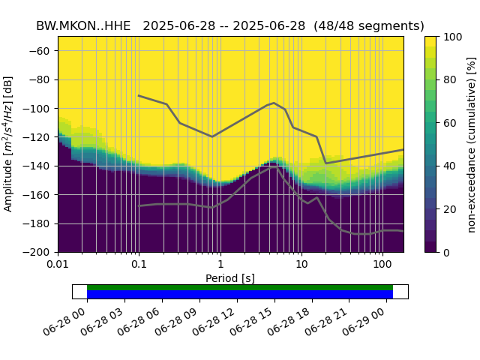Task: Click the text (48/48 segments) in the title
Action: [368, 25]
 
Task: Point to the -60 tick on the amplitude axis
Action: [43, 51]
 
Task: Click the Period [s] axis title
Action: [230, 278]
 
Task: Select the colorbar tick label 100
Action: [452, 37]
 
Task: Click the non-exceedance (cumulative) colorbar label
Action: [471, 144]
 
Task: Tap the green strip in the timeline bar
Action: [240, 287]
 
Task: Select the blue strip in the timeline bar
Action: [240, 294]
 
